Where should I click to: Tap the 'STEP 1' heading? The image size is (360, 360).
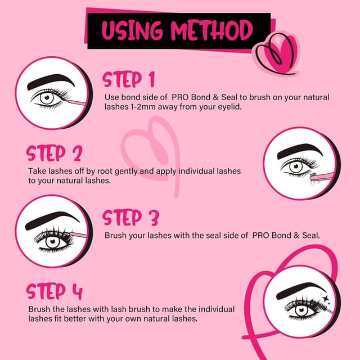click(x=128, y=79)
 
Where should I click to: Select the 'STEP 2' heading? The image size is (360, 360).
click(x=54, y=153)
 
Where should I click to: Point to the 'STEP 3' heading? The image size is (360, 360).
click(x=130, y=218)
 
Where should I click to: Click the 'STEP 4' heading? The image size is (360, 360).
click(x=54, y=292)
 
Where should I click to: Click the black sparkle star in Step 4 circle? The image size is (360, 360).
click(x=325, y=294)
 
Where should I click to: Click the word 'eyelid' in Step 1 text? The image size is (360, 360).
click(x=228, y=106)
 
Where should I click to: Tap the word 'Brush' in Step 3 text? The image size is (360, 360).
click(x=115, y=235)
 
